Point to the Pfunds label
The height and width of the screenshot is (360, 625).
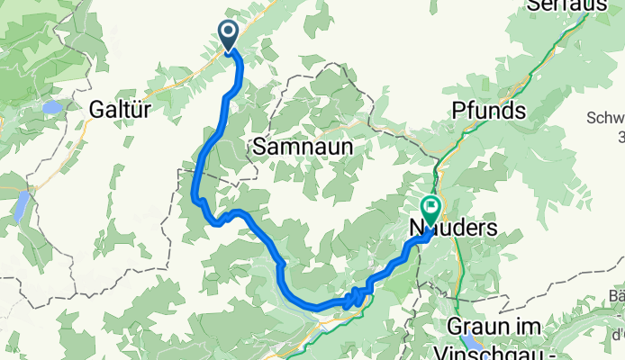[488, 111]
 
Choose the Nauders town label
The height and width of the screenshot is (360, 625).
[453, 228]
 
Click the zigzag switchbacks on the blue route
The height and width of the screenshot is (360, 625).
[354, 298]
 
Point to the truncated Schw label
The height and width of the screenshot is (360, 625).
[605, 118]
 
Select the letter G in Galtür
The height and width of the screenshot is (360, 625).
[96, 109]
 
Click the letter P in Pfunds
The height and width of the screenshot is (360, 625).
[459, 111]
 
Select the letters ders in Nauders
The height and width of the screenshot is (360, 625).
[478, 228]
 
